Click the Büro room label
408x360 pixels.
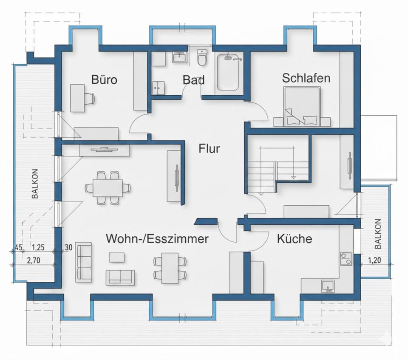coord(104,79)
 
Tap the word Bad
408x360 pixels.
coord(193,80)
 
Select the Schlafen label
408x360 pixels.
coord(306,78)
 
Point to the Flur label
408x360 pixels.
coord(209,149)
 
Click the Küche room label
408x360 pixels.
coord(294,239)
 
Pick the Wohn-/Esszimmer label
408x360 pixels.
coord(157,239)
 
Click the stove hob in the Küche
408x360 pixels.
coord(346,258)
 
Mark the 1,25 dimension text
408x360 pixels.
coord(38,247)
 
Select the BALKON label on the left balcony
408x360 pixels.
coord(35,184)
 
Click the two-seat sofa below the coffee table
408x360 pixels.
coord(120,277)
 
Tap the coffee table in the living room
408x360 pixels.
coord(116,257)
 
